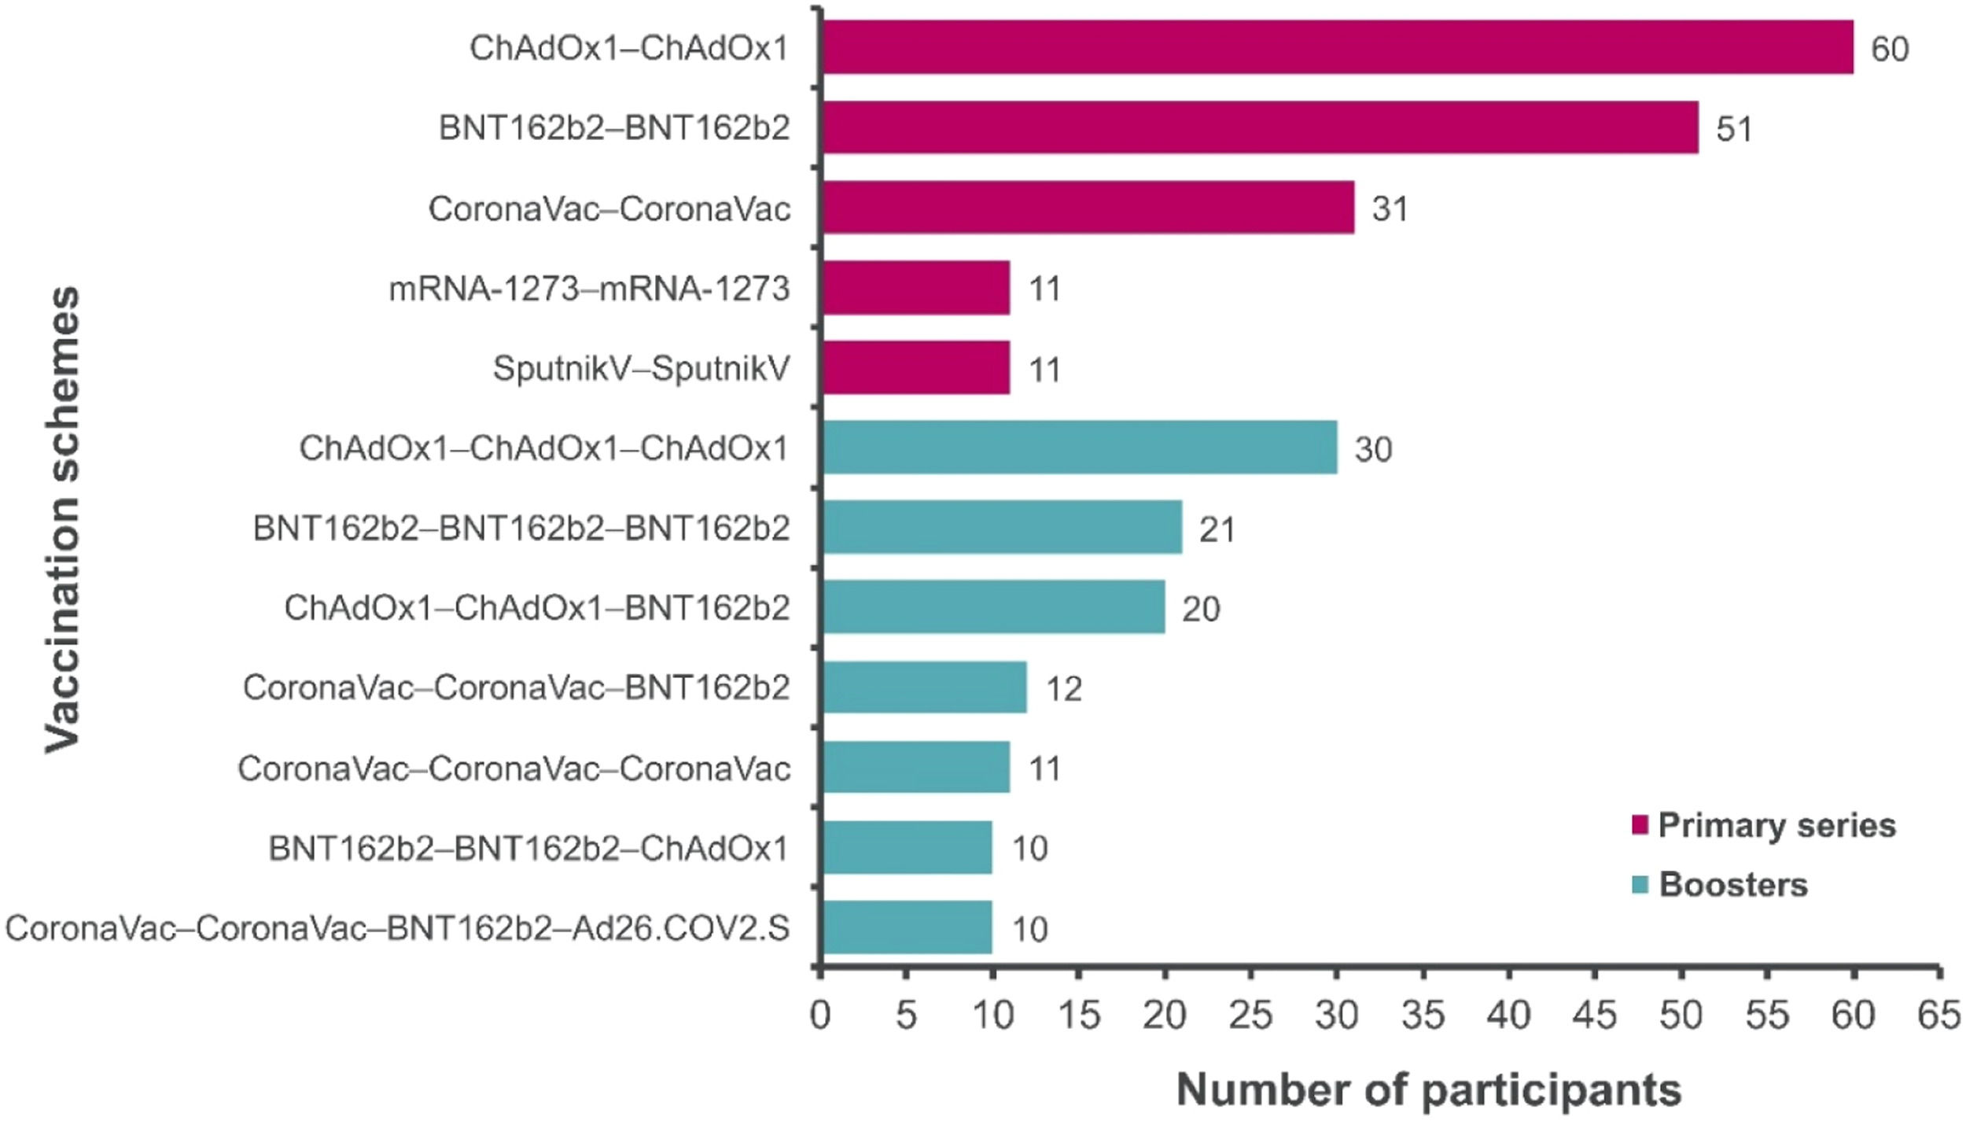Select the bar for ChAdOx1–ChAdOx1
click(x=1337, y=47)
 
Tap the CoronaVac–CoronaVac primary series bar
click(x=1088, y=208)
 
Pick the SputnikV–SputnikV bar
click(x=916, y=367)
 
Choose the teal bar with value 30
click(x=1080, y=448)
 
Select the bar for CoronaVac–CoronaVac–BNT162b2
click(x=925, y=687)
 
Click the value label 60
click(x=1889, y=50)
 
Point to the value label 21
click(x=1217, y=529)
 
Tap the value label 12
click(x=1063, y=689)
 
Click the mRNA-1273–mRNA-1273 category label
click(x=589, y=289)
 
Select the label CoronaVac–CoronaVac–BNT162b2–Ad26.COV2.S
click(x=397, y=929)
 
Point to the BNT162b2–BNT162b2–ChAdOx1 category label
click(x=528, y=849)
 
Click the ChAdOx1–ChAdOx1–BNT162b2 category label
click(x=536, y=608)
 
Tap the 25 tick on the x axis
click(x=1250, y=1016)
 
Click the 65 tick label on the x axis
click(x=1938, y=1016)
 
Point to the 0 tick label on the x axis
click(x=820, y=1016)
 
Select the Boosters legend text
click(x=1733, y=885)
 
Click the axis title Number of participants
click(x=1428, y=1090)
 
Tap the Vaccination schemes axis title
click(x=63, y=519)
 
